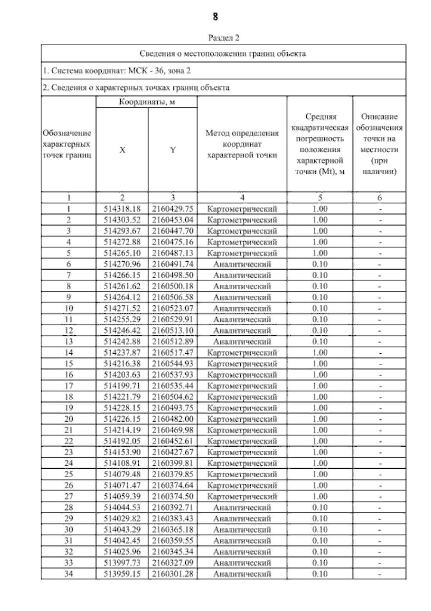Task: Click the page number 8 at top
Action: [215, 17]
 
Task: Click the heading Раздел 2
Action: [223, 38]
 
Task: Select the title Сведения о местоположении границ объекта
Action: [223, 54]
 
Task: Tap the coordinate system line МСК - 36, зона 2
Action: [117, 71]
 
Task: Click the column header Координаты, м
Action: [147, 102]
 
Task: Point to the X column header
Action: [122, 150]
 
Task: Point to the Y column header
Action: [173, 150]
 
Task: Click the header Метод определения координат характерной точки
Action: [242, 144]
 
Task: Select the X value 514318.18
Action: [122, 209]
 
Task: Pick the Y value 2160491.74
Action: [173, 264]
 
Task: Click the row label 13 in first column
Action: [68, 341]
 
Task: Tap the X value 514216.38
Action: [122, 364]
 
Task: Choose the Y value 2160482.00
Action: [173, 419]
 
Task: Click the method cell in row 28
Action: [242, 507]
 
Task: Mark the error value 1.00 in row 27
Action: [320, 496]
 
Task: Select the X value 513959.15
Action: [122, 574]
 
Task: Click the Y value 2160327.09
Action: [173, 563]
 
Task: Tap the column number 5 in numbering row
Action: [320, 197]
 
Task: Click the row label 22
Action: [68, 441]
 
